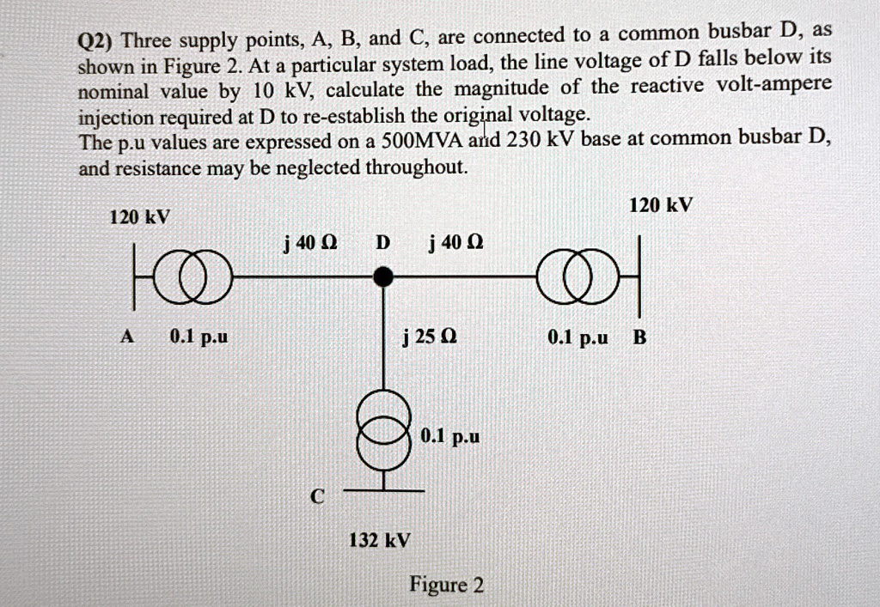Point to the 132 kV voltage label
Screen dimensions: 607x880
coord(379,541)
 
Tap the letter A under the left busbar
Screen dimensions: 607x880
coord(127,337)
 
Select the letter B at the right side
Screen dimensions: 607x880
coord(639,337)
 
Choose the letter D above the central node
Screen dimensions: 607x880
coord(383,243)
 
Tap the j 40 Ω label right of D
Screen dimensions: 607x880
coord(455,243)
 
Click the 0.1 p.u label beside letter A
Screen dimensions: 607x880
coord(199,337)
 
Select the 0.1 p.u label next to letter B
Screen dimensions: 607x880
coord(577,337)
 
